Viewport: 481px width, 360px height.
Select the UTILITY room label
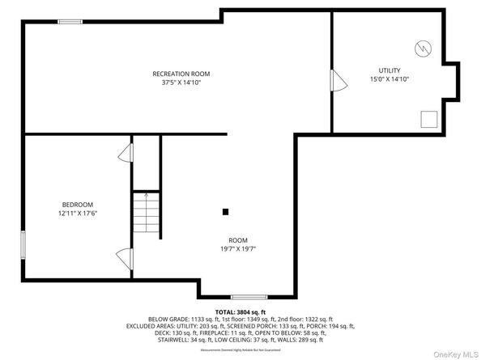tap(389, 70)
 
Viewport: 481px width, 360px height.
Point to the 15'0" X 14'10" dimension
tap(389, 79)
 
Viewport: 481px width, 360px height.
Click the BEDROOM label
tap(78, 205)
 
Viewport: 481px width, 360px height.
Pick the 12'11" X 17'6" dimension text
tap(78, 214)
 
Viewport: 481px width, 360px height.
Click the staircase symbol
tap(146, 214)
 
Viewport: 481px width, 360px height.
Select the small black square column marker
tap(226, 212)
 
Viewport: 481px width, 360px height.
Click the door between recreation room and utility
tap(336, 82)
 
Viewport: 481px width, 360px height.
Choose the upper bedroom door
tap(126, 153)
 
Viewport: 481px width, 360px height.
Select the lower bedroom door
tap(125, 259)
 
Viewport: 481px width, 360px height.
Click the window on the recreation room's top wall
tap(70, 22)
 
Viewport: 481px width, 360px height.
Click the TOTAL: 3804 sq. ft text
tap(240, 311)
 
